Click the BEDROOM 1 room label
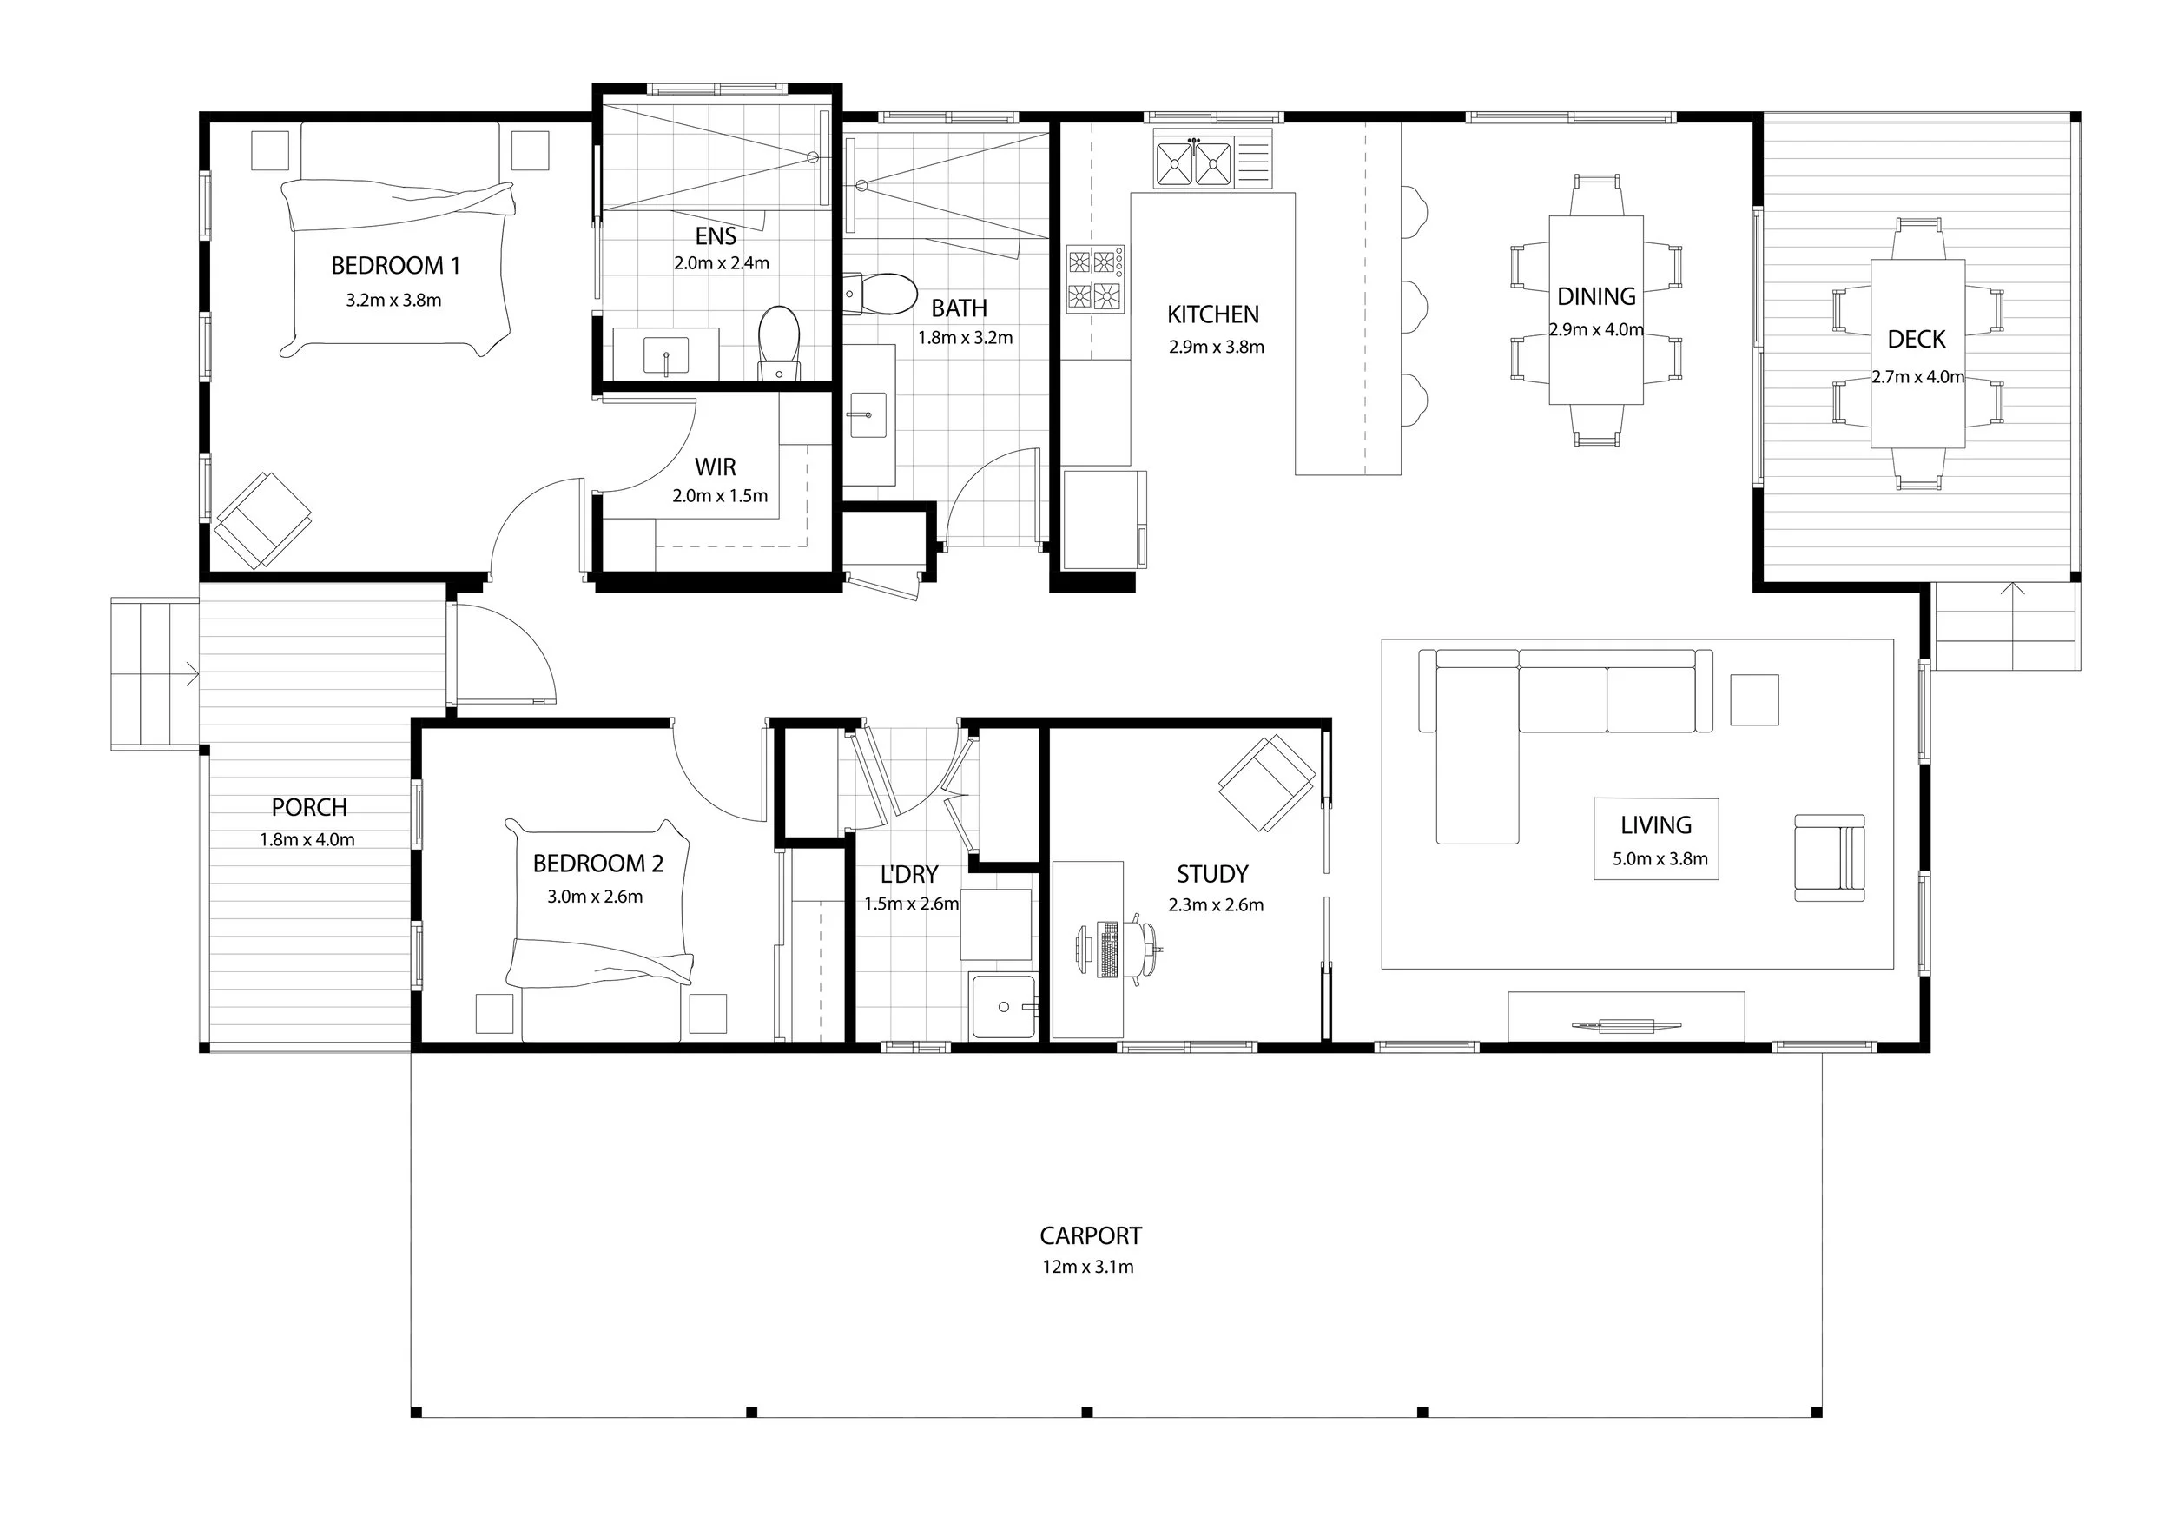click(395, 266)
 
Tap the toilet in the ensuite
click(779, 341)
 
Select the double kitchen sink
click(1193, 162)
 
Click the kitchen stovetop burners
click(1096, 279)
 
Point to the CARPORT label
click(1090, 1235)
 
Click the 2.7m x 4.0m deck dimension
click(1917, 376)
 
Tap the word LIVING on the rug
click(1656, 824)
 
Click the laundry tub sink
click(1003, 1006)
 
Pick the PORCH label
click(309, 807)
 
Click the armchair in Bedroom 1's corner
click(264, 520)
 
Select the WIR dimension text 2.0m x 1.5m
click(721, 495)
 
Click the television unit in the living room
click(1627, 1016)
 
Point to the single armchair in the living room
click(1830, 857)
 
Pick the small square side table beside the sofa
click(1755, 700)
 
